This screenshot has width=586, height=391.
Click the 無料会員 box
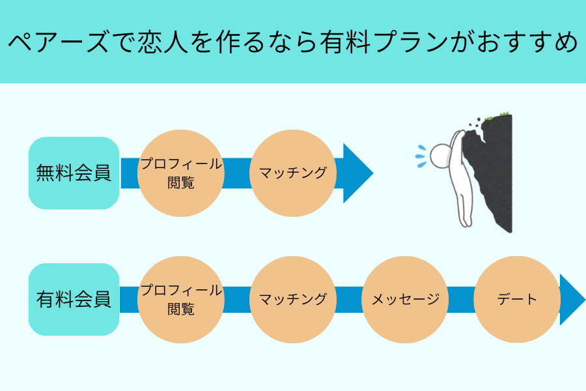point(74,173)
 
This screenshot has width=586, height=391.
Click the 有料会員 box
point(74,300)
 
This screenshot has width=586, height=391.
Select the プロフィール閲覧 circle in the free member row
point(181,173)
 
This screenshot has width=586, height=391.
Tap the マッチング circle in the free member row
point(292,173)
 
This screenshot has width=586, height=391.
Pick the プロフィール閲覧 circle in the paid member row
point(181,300)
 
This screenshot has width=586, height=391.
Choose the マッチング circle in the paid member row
point(292,300)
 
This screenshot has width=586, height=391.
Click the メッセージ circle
point(405,300)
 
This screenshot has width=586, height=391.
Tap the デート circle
point(517,300)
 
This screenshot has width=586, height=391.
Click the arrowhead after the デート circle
point(572,300)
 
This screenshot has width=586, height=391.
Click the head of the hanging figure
point(441,155)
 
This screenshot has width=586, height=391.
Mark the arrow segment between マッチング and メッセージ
point(349,300)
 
